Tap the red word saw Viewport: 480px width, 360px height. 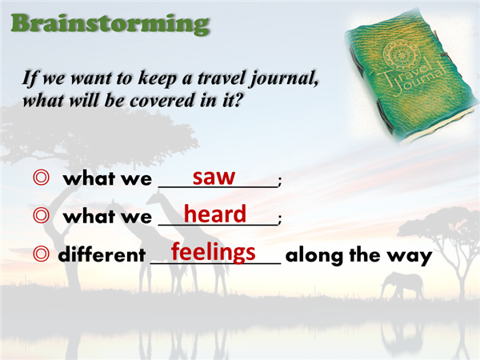tap(214, 177)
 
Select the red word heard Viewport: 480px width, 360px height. tap(215, 214)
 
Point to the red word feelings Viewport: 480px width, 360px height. tap(213, 252)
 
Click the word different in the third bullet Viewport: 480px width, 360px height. tap(102, 254)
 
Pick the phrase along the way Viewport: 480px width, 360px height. tap(358, 255)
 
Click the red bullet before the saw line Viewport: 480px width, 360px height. tap(41, 178)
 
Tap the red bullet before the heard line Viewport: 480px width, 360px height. tap(41, 215)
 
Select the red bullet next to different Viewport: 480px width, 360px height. tap(41, 254)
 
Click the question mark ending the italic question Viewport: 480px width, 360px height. tap(238, 100)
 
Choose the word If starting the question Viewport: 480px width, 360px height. tap(30, 78)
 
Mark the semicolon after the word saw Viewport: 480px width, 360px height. tap(279, 182)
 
